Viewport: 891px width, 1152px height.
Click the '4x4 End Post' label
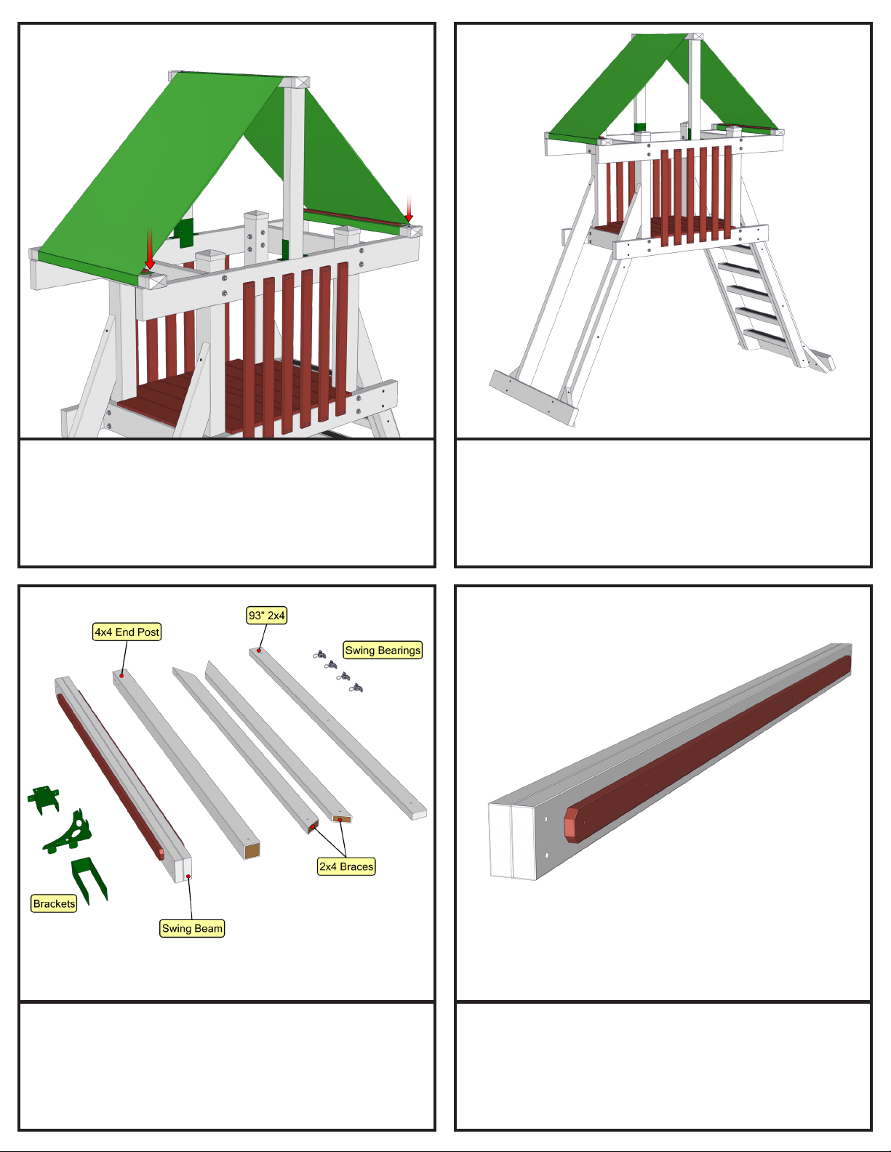point(127,632)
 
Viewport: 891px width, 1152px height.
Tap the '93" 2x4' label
point(267,616)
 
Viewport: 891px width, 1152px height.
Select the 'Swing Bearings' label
point(383,650)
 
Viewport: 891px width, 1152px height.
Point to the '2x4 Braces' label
point(346,866)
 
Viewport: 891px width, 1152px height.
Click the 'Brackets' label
point(54,903)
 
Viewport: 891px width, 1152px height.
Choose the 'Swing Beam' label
point(192,928)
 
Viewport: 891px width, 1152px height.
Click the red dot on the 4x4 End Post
point(121,675)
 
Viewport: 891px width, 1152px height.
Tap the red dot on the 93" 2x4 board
point(259,650)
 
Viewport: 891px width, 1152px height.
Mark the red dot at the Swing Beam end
point(188,877)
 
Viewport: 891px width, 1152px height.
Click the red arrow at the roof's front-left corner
point(150,249)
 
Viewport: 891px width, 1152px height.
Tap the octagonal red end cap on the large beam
point(571,826)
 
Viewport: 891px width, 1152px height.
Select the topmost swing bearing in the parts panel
point(319,656)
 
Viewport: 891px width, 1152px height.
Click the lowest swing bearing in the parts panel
point(356,688)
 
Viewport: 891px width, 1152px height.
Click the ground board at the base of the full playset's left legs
point(532,398)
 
